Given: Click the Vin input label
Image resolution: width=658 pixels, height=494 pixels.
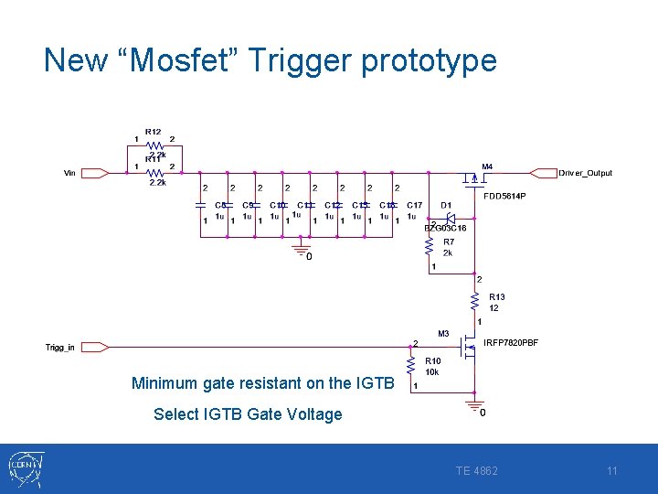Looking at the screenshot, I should coord(70,173).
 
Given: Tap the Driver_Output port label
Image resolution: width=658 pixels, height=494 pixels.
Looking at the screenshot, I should coord(585,173).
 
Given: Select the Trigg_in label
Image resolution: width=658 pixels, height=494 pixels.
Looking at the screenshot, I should coord(60,347).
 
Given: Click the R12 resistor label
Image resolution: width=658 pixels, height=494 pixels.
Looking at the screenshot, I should coord(153,132).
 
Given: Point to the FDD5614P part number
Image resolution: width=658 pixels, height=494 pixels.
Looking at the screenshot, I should coord(504,196).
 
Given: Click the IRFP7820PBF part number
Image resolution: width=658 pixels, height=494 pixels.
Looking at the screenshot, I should coord(511,343).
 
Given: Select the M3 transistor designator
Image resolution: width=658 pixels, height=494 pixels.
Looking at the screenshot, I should coord(443,333).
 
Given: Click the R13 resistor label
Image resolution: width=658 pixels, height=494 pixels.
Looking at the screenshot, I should coord(496,297).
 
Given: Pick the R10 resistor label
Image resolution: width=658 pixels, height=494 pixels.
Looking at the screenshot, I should coord(432,361).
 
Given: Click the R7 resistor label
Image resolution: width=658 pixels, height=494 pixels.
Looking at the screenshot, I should coord(449,242).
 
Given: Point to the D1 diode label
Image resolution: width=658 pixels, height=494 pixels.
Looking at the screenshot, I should coord(446,205).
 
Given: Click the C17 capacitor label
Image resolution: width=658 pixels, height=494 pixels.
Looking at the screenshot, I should coord(415,205).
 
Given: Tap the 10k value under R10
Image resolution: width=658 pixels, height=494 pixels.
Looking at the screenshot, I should coord(432,372).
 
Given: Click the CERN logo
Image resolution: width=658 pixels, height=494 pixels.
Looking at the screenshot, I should coord(23,469).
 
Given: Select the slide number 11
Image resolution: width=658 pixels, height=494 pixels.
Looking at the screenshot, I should coord(612,471).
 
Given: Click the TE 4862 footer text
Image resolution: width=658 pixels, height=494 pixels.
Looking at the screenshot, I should coord(477,471).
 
